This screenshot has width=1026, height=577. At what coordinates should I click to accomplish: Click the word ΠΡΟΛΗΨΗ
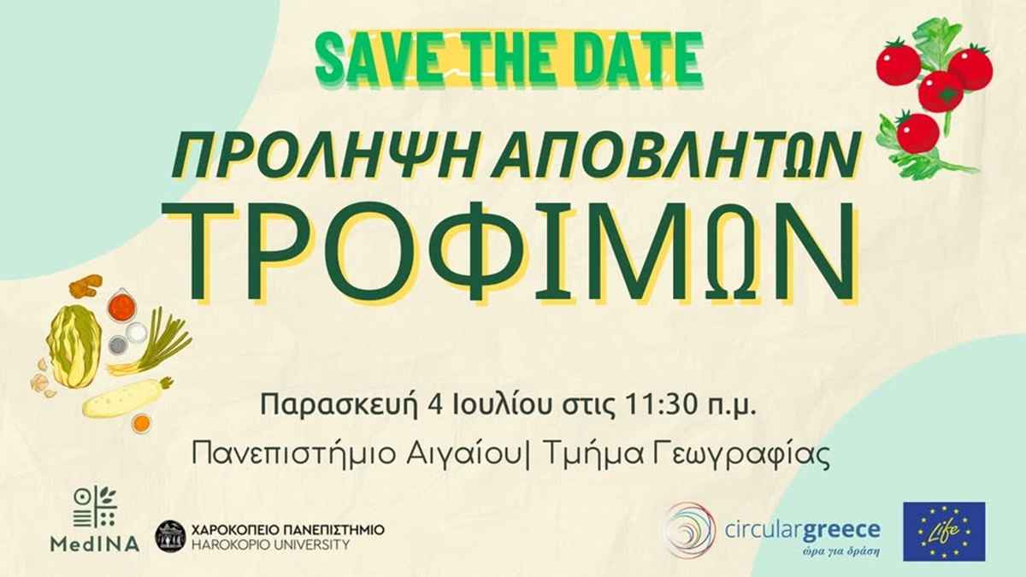[x=320, y=156]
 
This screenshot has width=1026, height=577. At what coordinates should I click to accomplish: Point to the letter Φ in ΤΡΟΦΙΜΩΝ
[x=477, y=251]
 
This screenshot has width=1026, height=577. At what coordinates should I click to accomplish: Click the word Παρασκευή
[x=339, y=405]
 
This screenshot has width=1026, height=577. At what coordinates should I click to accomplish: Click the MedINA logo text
[x=95, y=544]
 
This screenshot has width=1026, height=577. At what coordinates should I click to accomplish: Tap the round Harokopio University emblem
[x=170, y=536]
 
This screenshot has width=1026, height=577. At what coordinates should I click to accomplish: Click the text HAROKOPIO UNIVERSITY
[x=270, y=545]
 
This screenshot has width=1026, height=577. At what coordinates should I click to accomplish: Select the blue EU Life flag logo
[x=944, y=531]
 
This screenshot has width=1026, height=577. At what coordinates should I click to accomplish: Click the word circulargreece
[x=803, y=530]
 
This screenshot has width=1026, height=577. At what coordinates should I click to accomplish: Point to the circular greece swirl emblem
[x=689, y=529]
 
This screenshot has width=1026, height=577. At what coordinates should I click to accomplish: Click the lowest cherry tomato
[x=917, y=132]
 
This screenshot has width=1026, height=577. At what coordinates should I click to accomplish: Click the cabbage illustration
[x=74, y=345]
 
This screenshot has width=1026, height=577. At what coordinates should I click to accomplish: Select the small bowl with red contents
[x=121, y=304]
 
